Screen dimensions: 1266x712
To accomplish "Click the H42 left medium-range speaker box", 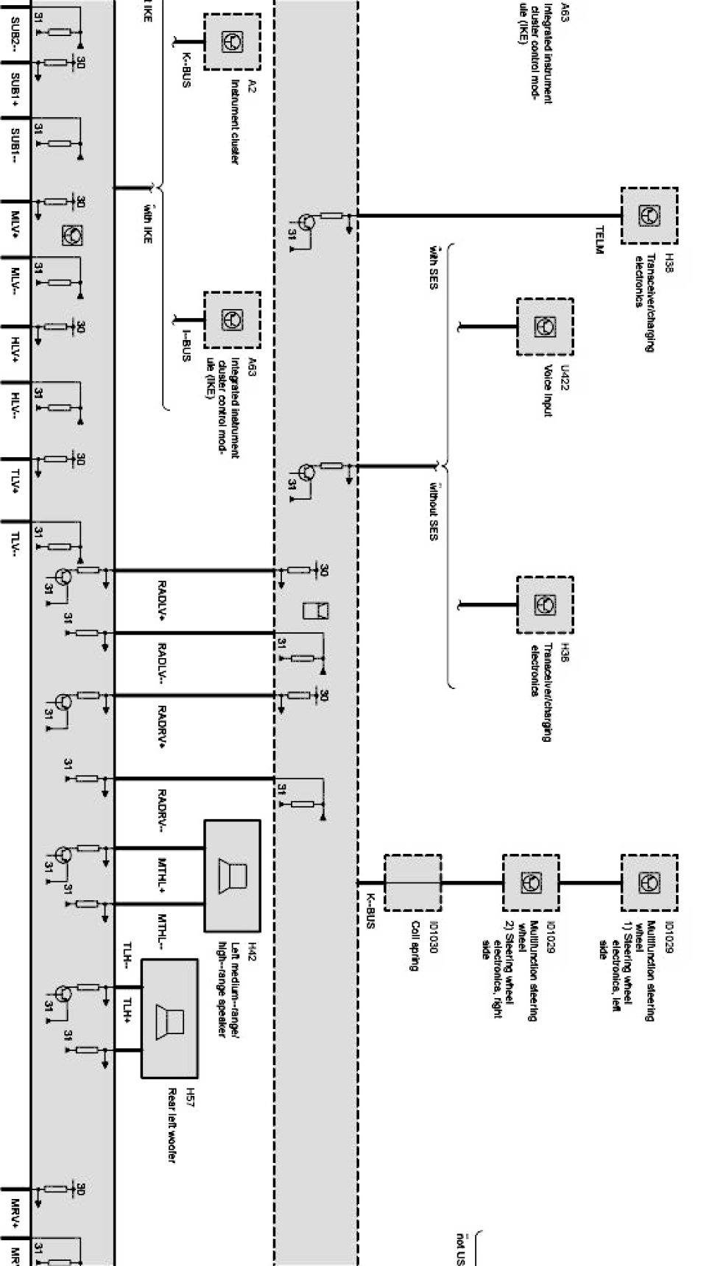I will pyautogui.click(x=231, y=876).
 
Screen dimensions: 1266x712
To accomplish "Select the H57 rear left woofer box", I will pyautogui.click(x=169, y=1019).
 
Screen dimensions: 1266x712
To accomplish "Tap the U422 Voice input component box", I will pyautogui.click(x=545, y=326).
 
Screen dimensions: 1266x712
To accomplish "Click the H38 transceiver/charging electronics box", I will pyautogui.click(x=649, y=215).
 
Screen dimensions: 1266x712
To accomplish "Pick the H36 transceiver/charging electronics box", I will pyautogui.click(x=545, y=605).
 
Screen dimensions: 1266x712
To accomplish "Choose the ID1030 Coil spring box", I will pyautogui.click(x=412, y=883).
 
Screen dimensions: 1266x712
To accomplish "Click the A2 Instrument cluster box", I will pyautogui.click(x=232, y=41).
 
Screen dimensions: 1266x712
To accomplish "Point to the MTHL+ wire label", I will pyautogui.click(x=162, y=874).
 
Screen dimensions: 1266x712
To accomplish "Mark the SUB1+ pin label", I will pyautogui.click(x=15, y=88).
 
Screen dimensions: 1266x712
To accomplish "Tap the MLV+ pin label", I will pyautogui.click(x=15, y=224).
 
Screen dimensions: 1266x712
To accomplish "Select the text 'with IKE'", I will pyautogui.click(x=148, y=223).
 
